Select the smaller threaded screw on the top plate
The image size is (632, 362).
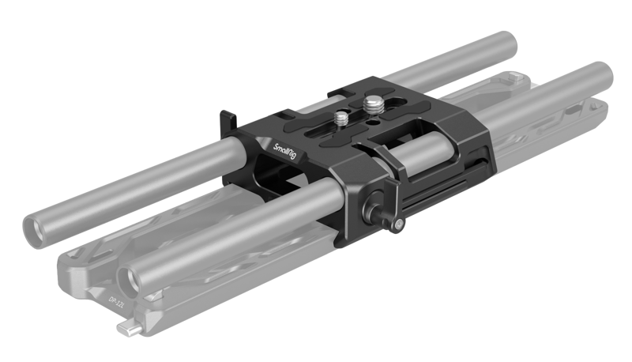click(x=341, y=119)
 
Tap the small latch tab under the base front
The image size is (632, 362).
click(x=126, y=326)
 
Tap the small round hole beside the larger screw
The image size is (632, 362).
click(x=371, y=123)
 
